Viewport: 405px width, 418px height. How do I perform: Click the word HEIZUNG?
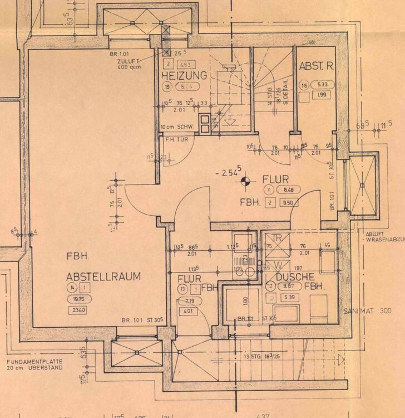(184, 75)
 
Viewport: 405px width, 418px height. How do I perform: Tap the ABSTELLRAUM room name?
(103, 276)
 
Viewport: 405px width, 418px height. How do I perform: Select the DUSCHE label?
(295, 276)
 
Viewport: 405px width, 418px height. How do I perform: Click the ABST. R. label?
(316, 66)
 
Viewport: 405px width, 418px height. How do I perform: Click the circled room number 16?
(304, 85)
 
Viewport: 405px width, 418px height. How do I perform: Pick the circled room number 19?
(167, 86)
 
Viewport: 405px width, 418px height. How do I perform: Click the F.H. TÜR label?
(174, 140)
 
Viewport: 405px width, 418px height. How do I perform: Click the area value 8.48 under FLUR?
(291, 189)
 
